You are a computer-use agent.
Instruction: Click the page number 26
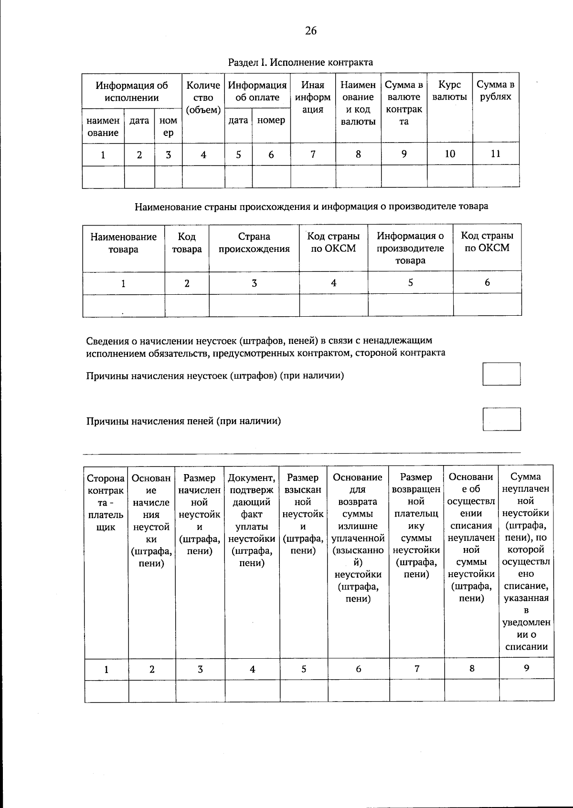coord(310,31)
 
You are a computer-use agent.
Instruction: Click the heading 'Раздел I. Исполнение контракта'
coord(300,62)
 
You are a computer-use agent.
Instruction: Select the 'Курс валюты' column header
coord(449,91)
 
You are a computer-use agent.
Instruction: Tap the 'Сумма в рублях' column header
coord(496,91)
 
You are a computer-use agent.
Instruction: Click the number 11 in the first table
coord(496,154)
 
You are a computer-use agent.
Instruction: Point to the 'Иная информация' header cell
coord(313,97)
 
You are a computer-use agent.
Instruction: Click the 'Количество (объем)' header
coord(203,97)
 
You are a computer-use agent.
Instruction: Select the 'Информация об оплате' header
coord(257,91)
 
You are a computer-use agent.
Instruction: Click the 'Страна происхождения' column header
coord(254,243)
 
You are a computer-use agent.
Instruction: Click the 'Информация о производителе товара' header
coord(410,248)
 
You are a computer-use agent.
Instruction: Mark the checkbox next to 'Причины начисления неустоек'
coord(501,374)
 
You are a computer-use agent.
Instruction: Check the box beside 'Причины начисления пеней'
coord(501,419)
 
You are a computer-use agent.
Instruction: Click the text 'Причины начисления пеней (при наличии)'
coord(183,421)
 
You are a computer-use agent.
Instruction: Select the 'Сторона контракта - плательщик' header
coord(106,502)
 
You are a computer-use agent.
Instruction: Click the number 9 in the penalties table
coord(526,668)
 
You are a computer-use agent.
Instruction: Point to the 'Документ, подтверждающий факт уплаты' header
coord(252,520)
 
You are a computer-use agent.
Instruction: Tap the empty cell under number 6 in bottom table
coord(358,691)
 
